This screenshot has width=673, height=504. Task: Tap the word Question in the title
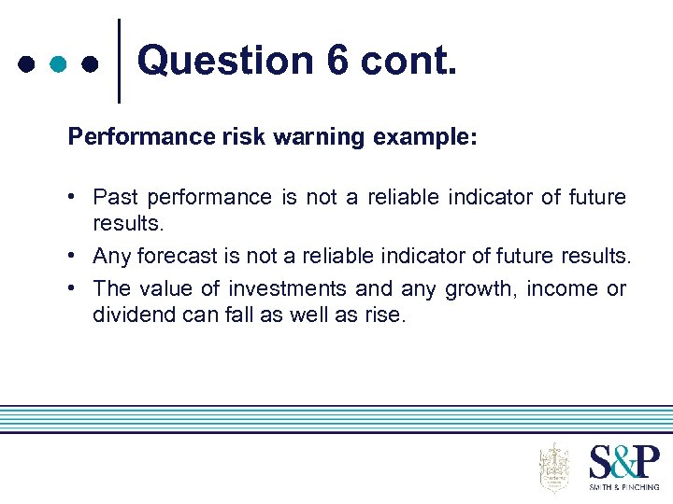tap(225, 62)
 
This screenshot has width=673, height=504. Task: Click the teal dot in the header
tap(58, 65)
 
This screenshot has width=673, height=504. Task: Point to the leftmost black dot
tap(26, 65)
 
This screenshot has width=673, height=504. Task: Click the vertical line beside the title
tap(119, 61)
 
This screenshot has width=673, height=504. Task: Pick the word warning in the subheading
tap(321, 137)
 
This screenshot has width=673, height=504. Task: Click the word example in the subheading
tap(425, 137)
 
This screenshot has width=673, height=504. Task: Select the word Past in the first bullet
tap(115, 197)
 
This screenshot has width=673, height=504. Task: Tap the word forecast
tap(168, 255)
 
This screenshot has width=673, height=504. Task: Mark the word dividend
tap(130, 315)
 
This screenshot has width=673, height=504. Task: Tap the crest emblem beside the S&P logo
tap(554, 467)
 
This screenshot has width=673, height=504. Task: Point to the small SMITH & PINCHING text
tap(623, 487)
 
